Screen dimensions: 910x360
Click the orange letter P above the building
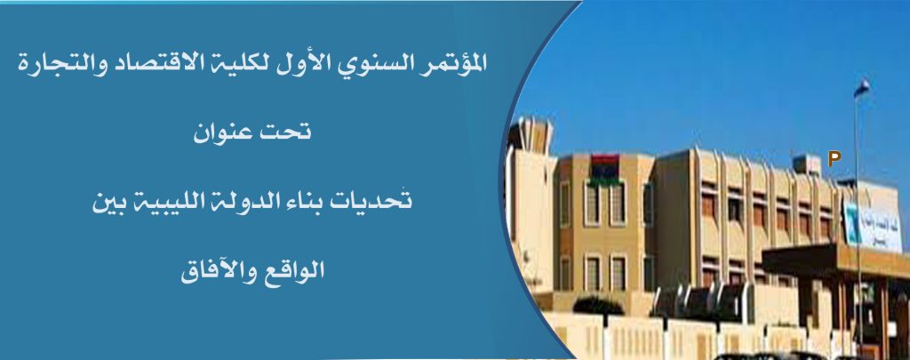pyautogui.click(x=834, y=158)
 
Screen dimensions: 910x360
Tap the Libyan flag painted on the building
pyautogui.click(x=603, y=166)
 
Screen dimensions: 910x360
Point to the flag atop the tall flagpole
pyautogui.click(x=862, y=88)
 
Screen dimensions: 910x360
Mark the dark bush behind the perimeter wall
pyautogui.click(x=597, y=306)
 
